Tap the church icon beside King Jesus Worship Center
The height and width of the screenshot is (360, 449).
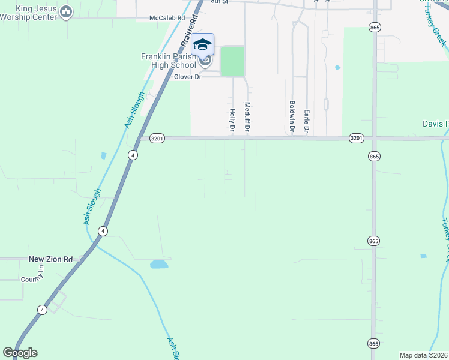pyautogui.click(x=67, y=11)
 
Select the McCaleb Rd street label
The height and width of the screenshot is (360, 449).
pyautogui.click(x=167, y=19)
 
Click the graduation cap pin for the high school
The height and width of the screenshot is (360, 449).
pyautogui.click(x=202, y=45)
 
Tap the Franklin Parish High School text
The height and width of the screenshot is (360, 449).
pyautogui.click(x=168, y=61)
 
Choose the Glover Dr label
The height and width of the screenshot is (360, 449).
pyautogui.click(x=187, y=77)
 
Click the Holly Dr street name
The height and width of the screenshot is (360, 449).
pyautogui.click(x=232, y=116)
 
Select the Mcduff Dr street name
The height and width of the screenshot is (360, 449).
pyautogui.click(x=247, y=116)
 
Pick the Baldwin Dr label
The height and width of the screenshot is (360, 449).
pyautogui.click(x=292, y=116)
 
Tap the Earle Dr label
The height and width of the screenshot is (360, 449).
pyautogui.click(x=306, y=121)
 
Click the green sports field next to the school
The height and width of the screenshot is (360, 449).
pyautogui.click(x=232, y=62)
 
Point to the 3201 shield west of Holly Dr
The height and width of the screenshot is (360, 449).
pyautogui.click(x=157, y=139)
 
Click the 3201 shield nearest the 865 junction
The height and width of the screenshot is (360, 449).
pyautogui.click(x=355, y=139)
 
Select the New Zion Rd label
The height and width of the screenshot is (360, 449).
pyautogui.click(x=50, y=259)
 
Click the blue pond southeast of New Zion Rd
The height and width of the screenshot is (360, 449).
pyautogui.click(x=159, y=264)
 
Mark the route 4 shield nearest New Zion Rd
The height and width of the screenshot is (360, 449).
pyautogui.click(x=104, y=231)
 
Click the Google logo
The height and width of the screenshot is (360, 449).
pyautogui.click(x=20, y=353)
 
